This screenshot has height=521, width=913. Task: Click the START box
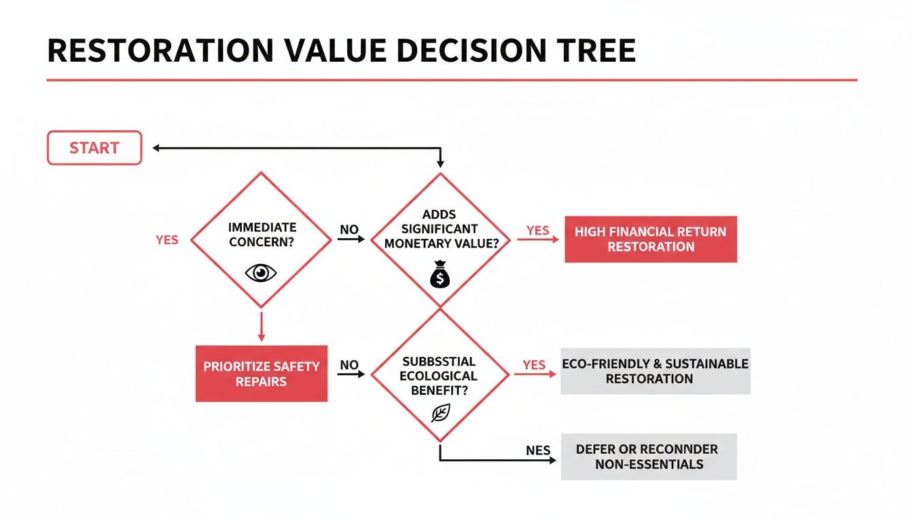tap(94, 148)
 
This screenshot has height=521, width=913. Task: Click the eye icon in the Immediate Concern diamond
tap(261, 273)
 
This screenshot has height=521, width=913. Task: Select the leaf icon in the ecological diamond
tap(440, 412)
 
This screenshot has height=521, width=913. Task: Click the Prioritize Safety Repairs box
tap(262, 374)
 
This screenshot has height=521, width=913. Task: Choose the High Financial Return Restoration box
tap(651, 239)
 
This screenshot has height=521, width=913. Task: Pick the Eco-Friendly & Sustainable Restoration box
tap(655, 371)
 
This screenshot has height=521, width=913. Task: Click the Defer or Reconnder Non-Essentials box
tap(649, 457)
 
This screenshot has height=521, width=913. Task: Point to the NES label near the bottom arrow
tap(537, 450)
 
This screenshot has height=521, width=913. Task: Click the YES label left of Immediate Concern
tap(167, 240)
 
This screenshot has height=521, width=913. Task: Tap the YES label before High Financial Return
tap(537, 231)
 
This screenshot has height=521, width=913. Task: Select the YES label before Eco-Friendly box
tap(534, 365)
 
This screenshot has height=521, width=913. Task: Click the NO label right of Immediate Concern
tap(348, 229)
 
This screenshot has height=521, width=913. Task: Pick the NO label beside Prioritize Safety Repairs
tap(348, 365)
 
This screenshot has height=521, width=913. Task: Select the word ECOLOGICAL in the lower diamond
tap(438, 376)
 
